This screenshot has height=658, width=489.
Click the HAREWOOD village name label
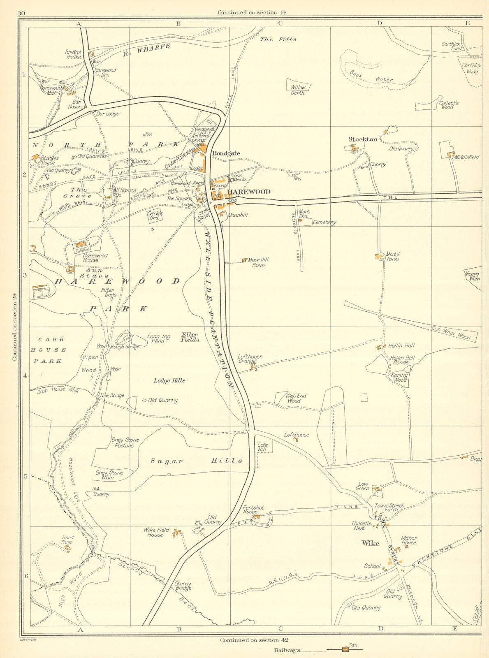249,192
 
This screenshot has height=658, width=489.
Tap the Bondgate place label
226,153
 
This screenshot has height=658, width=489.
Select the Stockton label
363,139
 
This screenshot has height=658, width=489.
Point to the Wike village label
370,543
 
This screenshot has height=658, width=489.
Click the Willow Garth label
298,90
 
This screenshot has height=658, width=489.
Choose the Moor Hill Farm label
258,262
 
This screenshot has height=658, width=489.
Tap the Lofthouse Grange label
250,359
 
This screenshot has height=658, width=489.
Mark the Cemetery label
324,222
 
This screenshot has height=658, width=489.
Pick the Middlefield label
467,158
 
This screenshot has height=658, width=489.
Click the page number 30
21,13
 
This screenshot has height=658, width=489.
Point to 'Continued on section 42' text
254,640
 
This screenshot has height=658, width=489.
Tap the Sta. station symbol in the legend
345,649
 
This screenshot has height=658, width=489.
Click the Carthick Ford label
451,46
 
